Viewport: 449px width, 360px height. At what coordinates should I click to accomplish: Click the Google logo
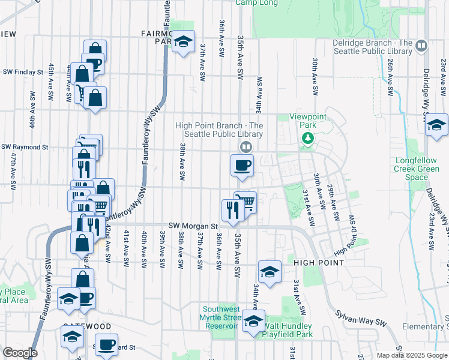pyautogui.click(x=19, y=353)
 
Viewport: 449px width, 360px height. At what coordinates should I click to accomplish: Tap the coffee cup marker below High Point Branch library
pyautogui.click(x=242, y=165)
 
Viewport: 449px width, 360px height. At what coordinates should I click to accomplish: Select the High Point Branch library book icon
pyautogui.click(x=246, y=146)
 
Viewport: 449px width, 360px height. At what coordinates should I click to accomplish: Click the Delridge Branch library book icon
pyautogui.click(x=421, y=46)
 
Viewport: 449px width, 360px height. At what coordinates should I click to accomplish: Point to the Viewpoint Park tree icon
pyautogui.click(x=308, y=139)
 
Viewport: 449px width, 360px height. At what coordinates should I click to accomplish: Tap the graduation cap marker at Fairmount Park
pyautogui.click(x=183, y=42)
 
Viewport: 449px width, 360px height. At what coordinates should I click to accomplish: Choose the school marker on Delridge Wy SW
pyautogui.click(x=436, y=125)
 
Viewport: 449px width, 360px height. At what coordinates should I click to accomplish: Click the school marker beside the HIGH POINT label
pyautogui.click(x=270, y=271)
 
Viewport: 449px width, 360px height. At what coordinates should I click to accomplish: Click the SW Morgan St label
pyautogui.click(x=188, y=224)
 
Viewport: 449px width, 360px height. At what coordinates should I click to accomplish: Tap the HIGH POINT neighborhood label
pyautogui.click(x=319, y=263)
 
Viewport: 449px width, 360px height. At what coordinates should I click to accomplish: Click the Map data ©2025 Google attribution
pyautogui.click(x=412, y=355)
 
